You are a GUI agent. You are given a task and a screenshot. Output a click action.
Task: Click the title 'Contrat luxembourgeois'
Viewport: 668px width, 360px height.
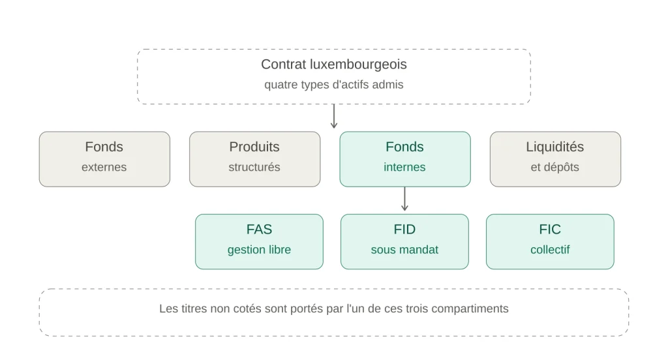pos(333,65)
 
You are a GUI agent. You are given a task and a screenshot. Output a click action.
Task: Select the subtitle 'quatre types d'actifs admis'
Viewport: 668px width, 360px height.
pos(333,84)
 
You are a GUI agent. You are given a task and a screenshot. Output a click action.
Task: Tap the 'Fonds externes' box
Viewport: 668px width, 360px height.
pos(104,159)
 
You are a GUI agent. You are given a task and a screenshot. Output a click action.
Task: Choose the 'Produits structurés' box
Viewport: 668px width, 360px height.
pos(255,159)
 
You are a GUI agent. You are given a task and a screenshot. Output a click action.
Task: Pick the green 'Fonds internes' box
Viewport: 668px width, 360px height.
pos(405,159)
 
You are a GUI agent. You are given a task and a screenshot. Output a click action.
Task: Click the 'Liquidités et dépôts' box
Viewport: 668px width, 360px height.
pos(555,159)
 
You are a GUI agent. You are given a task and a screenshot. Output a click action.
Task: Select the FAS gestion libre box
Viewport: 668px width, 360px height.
pos(259,241)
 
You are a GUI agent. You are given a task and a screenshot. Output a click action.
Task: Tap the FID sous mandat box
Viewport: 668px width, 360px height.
pos(404,241)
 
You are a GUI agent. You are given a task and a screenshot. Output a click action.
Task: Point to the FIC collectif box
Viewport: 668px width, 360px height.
pos(550,241)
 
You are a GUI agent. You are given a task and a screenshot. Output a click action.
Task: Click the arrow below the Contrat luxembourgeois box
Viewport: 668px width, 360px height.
pos(334,116)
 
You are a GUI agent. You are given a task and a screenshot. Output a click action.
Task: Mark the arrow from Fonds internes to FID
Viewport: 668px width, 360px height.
pos(404,198)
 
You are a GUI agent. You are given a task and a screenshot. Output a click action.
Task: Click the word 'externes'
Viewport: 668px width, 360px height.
pos(104,167)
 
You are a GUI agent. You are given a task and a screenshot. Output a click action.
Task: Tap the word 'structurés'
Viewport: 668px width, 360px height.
pos(254,167)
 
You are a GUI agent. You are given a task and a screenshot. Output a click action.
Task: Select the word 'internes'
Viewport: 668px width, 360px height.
pos(404,167)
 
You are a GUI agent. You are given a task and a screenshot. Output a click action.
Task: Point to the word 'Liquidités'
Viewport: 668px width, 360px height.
pos(554,147)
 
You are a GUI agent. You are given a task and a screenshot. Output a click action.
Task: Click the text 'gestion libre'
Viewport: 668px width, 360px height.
pos(259,250)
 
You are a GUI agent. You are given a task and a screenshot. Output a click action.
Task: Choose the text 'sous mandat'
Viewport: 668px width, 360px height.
pos(404,250)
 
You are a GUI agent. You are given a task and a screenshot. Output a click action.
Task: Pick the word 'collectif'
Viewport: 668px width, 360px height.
pos(550,250)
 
